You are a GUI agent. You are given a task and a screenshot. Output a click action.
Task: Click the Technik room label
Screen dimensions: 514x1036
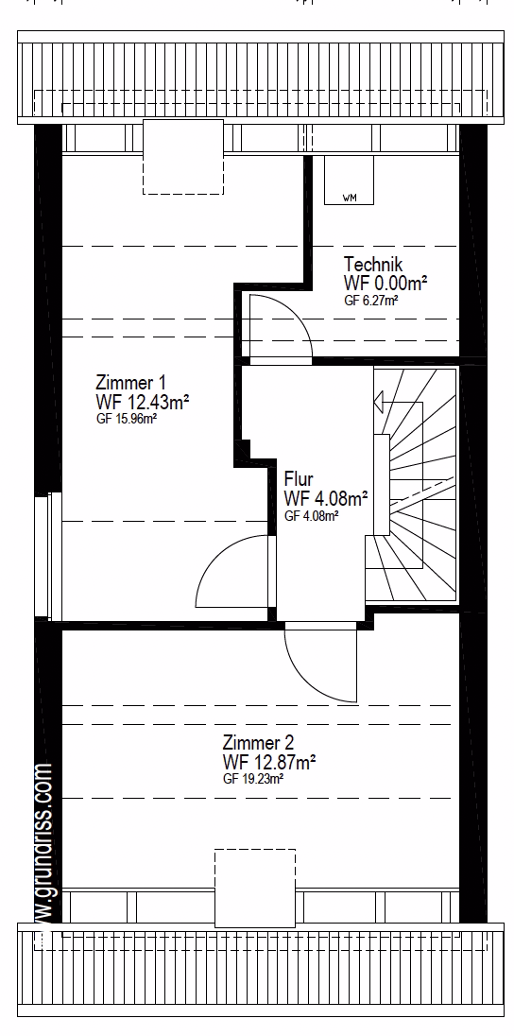(x=372, y=265)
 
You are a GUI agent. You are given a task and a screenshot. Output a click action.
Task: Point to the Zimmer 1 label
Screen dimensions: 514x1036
(x=130, y=383)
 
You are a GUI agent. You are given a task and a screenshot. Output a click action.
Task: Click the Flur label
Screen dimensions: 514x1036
(x=299, y=478)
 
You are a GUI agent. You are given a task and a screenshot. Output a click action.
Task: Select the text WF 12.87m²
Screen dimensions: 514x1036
(x=269, y=762)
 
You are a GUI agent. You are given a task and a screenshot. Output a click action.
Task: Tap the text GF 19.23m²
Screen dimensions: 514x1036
(x=253, y=779)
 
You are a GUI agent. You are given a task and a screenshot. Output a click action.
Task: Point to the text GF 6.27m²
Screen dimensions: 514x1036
(x=370, y=300)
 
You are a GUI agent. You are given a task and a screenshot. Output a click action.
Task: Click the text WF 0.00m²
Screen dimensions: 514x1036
(x=385, y=283)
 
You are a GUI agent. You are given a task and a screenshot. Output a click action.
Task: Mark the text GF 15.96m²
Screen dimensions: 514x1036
(x=127, y=418)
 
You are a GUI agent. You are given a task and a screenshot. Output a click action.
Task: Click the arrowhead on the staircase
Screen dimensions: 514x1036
(x=379, y=401)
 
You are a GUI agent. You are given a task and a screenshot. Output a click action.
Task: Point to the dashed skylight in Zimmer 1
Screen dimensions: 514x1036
(x=183, y=157)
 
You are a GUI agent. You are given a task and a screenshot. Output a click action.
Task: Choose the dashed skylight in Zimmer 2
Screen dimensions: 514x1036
(x=255, y=888)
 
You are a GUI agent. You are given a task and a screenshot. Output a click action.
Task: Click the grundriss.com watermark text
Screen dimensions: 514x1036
(x=42, y=847)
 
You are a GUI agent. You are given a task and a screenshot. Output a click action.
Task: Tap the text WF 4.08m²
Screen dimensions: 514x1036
(x=326, y=497)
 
